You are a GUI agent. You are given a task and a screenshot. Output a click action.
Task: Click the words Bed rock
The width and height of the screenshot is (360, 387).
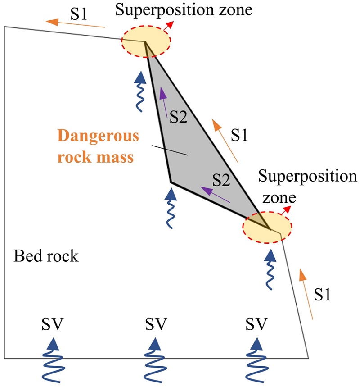46,257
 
